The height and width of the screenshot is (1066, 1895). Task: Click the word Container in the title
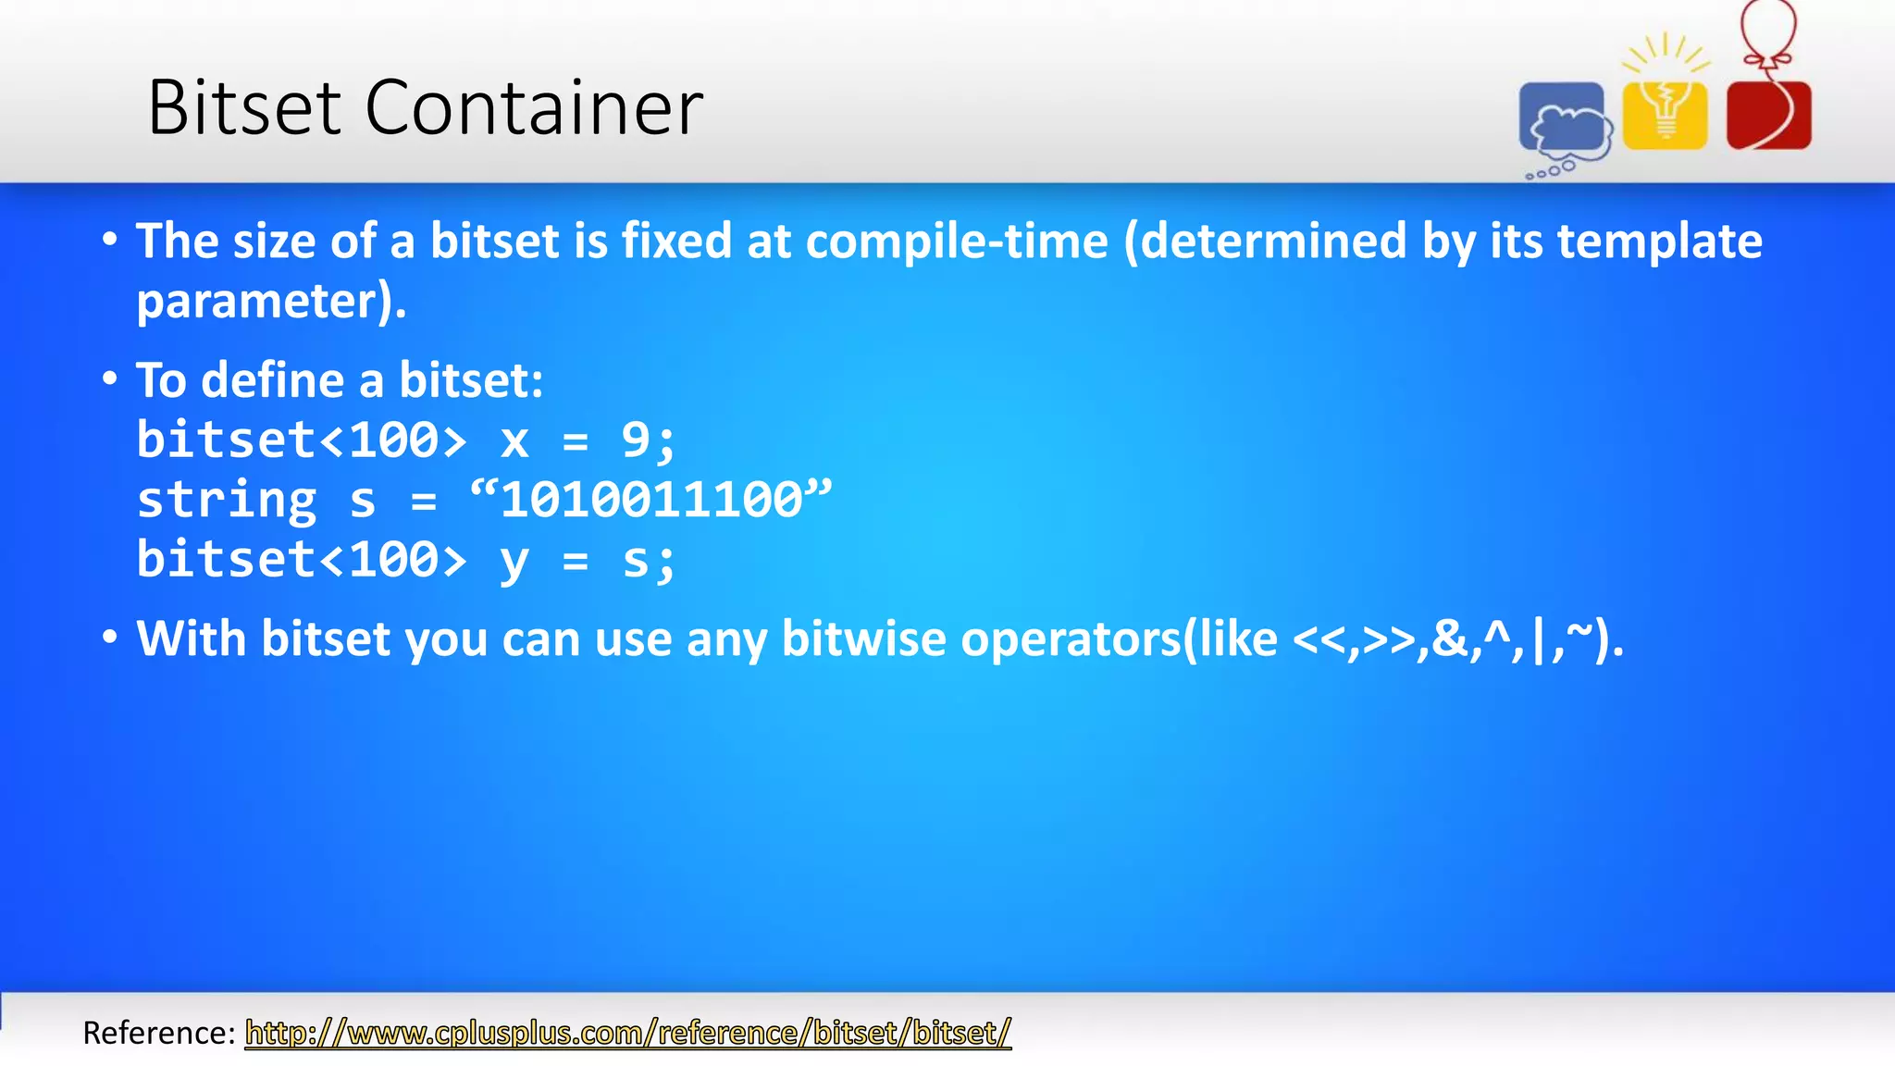point(534,108)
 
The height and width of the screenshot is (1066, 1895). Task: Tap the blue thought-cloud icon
point(1564,121)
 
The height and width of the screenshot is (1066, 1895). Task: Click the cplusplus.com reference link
point(627,1033)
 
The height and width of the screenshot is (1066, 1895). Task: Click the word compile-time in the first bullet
point(957,242)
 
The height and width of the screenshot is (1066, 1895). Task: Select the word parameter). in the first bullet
point(271,302)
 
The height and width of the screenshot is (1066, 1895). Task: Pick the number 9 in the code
point(636,440)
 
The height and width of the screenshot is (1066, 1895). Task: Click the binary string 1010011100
point(651,500)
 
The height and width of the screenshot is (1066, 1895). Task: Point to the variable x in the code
point(514,440)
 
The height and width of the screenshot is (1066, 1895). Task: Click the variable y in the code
point(514,562)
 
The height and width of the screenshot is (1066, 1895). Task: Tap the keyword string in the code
point(227,501)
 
